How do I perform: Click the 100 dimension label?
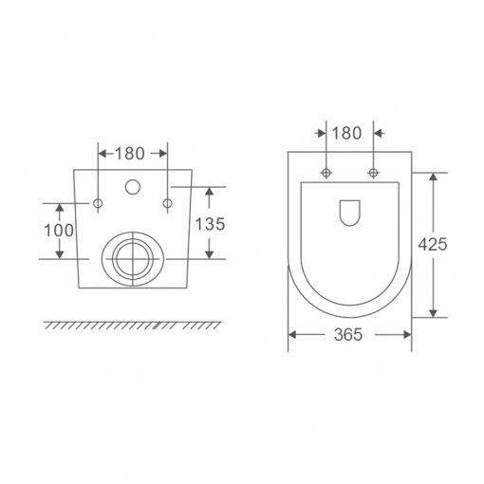(59, 231)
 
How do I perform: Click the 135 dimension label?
(210, 224)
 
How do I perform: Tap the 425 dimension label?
(433, 244)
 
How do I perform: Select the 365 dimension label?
(348, 335)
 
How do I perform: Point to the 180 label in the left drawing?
(130, 154)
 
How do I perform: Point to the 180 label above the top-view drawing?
(346, 133)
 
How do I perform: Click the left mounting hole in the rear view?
(98, 203)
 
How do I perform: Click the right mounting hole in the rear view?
(168, 203)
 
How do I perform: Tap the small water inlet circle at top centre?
(133, 187)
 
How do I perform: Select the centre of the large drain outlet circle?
(133, 259)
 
